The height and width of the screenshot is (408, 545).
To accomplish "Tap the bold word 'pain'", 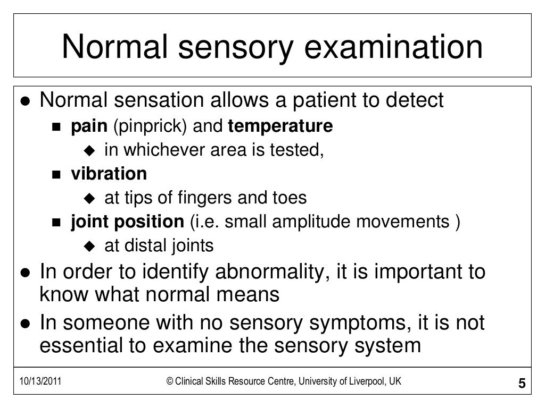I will (x=89, y=127).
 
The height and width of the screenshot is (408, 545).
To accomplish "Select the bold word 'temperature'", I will (x=280, y=127).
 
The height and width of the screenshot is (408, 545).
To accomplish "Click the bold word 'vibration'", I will (x=109, y=174).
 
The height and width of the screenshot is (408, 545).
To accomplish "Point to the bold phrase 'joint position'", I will (x=127, y=222).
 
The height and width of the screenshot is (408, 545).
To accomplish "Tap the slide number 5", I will (x=521, y=385).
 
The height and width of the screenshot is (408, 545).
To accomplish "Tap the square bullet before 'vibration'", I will (x=57, y=175).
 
